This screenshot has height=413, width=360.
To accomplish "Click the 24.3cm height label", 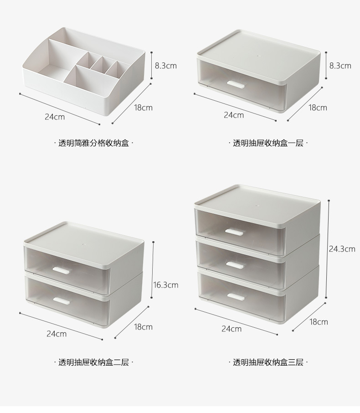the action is coord(342,249).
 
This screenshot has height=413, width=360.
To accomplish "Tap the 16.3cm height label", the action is coord(165,285).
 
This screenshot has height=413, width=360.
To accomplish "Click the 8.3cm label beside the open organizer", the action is coord(165,66).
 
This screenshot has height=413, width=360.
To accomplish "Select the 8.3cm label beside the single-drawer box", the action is coord(340,66).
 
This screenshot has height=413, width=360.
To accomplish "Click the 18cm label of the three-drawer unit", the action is coord(319,322).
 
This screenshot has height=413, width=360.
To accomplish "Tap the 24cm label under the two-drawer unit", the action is coord(57,334).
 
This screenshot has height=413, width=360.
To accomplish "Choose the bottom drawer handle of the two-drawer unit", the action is coord(62,300).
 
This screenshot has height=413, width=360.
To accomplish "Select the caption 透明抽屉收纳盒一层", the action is coord(268,143).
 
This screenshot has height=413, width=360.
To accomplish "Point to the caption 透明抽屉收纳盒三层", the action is coord(268,362).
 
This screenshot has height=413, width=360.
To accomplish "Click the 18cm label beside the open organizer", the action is coord(143,108).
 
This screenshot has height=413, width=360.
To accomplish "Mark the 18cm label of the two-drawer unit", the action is coord(143,327).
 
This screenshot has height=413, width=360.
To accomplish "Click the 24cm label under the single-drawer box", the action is coord(233,115).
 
